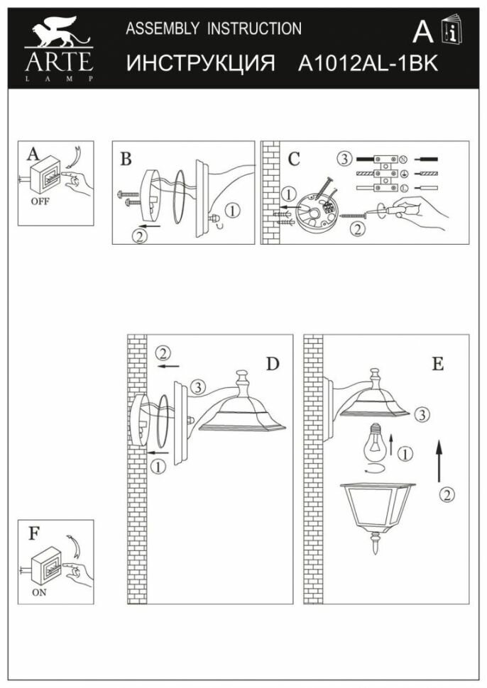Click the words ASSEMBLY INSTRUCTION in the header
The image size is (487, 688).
(213, 29)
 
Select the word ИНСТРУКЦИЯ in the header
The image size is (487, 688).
(201, 63)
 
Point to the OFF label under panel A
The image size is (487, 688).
(40, 201)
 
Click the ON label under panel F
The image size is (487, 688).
(39, 592)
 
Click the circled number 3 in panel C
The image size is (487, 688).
(344, 158)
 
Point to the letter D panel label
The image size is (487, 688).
(273, 365)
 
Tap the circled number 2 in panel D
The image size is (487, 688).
(164, 353)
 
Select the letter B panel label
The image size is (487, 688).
(126, 158)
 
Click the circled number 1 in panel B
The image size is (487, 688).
(235, 210)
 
